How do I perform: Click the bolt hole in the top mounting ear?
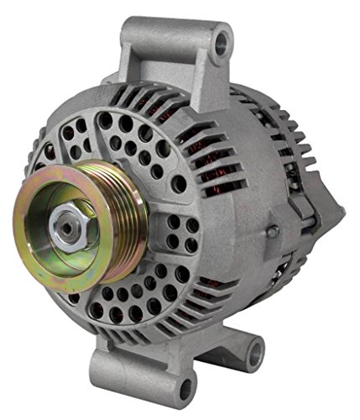point(221,41)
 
